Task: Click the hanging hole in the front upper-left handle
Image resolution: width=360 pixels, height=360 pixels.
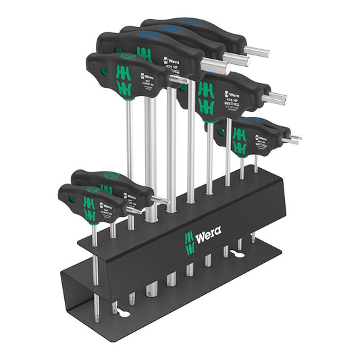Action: (x=95, y=70)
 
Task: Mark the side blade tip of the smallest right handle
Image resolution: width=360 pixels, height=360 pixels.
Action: (x=297, y=138)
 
